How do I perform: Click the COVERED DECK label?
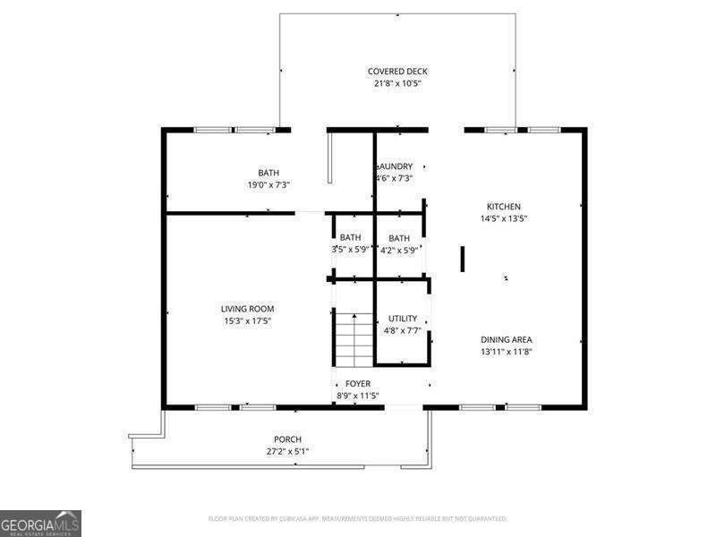pyautogui.click(x=397, y=72)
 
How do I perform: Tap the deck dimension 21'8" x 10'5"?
pyautogui.click(x=397, y=84)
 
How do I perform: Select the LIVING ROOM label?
pyautogui.click(x=248, y=309)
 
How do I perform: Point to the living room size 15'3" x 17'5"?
pyautogui.click(x=248, y=321)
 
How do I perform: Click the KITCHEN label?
pyautogui.click(x=503, y=207)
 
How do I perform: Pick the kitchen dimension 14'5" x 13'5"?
pyautogui.click(x=503, y=218)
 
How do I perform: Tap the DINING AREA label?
pyautogui.click(x=507, y=339)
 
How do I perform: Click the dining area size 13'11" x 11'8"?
pyautogui.click(x=507, y=352)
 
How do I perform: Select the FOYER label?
pyautogui.click(x=358, y=383)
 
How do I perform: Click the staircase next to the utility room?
pyautogui.click(x=354, y=339)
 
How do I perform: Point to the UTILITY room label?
pyautogui.click(x=402, y=319)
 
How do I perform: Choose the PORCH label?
pyautogui.click(x=287, y=439)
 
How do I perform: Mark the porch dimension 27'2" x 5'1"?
pyautogui.click(x=287, y=452)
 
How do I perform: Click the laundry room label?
pyautogui.click(x=396, y=166)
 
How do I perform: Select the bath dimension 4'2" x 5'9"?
pyautogui.click(x=399, y=251)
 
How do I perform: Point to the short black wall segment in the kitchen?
pyautogui.click(x=463, y=258)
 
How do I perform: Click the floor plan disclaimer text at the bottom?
pyautogui.click(x=358, y=518)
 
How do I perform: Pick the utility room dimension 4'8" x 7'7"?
pyautogui.click(x=402, y=330)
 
